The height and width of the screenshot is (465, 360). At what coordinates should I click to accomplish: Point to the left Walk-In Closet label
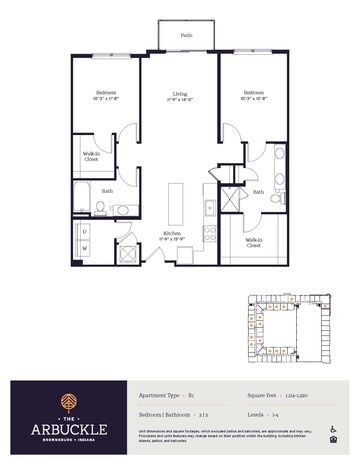tap(90, 156)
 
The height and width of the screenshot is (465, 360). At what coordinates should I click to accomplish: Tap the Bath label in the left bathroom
tap(107, 190)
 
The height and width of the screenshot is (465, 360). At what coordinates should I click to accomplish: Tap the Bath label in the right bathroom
tap(258, 192)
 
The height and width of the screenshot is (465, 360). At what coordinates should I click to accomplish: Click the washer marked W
tap(86, 251)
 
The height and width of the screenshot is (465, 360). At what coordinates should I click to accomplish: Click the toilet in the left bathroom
tap(102, 208)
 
